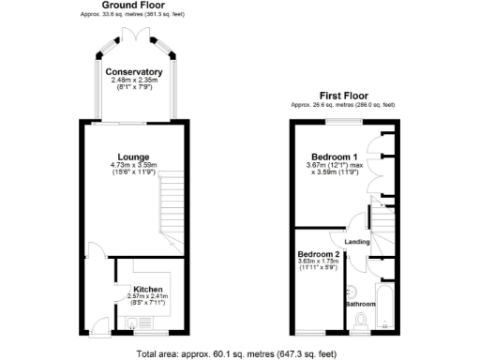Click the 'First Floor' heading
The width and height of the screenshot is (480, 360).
point(343,95)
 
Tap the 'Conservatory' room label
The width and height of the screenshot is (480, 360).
point(134,72)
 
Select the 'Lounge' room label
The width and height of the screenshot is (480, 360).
point(134,157)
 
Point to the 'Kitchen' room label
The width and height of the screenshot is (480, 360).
point(147,289)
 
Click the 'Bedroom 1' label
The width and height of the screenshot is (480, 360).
point(336,157)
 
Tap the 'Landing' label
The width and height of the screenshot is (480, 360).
point(357,243)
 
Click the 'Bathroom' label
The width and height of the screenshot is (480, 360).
point(359,304)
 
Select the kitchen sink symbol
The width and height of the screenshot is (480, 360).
point(132,324)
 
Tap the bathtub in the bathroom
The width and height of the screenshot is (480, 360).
point(385,305)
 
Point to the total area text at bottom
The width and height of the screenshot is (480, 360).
point(235,353)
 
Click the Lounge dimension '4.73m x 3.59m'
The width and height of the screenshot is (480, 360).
point(134,166)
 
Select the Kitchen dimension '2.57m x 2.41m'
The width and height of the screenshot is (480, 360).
point(147,297)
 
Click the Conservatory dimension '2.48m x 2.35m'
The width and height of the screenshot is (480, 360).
point(134,81)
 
